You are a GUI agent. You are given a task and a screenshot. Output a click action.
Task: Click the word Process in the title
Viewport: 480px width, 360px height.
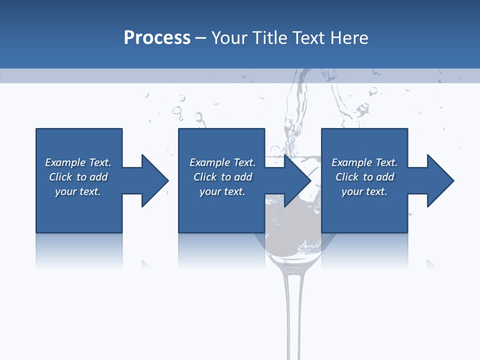pyautogui.click(x=157, y=38)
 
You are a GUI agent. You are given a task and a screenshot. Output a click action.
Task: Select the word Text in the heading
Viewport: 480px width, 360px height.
pyautogui.click(x=308, y=38)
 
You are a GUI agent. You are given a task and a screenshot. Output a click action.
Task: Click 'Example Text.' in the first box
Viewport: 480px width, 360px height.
pyautogui.click(x=78, y=162)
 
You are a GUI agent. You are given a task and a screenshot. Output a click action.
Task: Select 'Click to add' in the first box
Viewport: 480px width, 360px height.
pyautogui.click(x=78, y=177)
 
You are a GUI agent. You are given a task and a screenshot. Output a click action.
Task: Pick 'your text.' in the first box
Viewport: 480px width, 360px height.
pyautogui.click(x=78, y=191)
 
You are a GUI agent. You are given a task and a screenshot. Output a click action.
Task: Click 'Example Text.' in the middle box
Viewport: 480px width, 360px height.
pyautogui.click(x=222, y=162)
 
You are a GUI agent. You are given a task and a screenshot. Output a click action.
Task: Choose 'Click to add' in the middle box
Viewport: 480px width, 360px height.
pyautogui.click(x=222, y=177)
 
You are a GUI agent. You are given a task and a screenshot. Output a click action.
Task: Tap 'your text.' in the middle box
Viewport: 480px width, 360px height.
pyautogui.click(x=222, y=191)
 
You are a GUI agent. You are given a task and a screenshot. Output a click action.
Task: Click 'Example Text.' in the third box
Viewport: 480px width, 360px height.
pyautogui.click(x=364, y=162)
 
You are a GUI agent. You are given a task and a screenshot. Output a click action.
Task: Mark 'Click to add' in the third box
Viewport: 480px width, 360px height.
pyautogui.click(x=364, y=177)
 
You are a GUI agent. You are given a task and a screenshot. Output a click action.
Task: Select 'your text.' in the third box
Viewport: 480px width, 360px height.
pyautogui.click(x=364, y=191)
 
